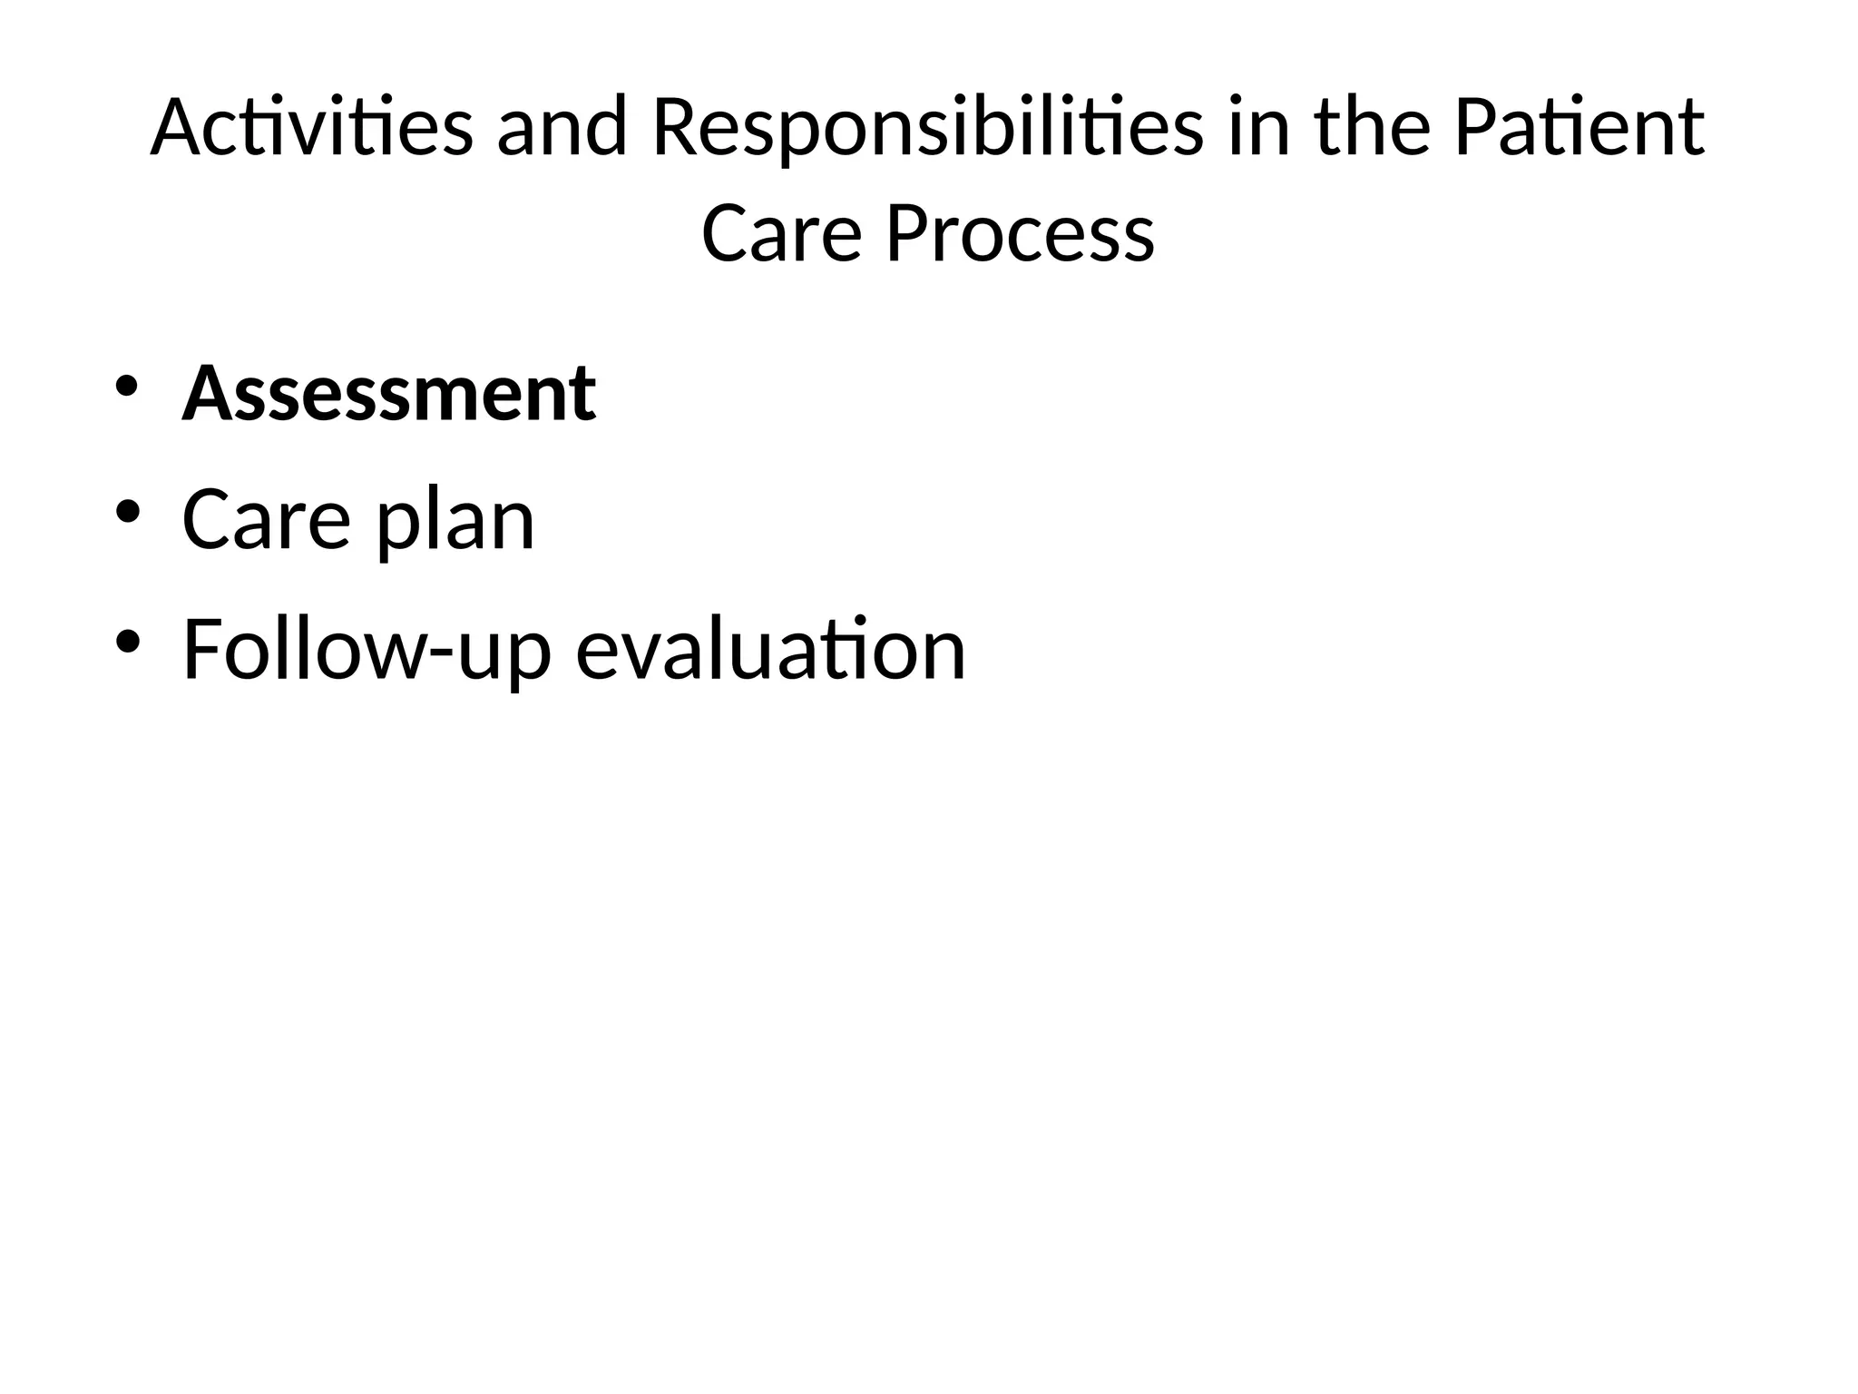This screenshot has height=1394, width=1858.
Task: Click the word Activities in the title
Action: [311, 127]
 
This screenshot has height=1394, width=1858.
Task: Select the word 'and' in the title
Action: [562, 127]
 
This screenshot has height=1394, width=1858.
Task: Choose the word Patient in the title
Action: [1579, 127]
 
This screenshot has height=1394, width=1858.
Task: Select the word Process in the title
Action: [1020, 233]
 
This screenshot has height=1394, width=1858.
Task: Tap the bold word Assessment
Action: [389, 394]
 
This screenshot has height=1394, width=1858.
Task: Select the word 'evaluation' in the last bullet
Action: [771, 650]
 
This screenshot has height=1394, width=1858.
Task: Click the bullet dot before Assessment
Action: [127, 385]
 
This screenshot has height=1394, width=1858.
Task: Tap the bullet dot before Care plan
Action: [127, 513]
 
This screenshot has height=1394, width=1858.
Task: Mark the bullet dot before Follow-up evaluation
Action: [127, 642]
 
